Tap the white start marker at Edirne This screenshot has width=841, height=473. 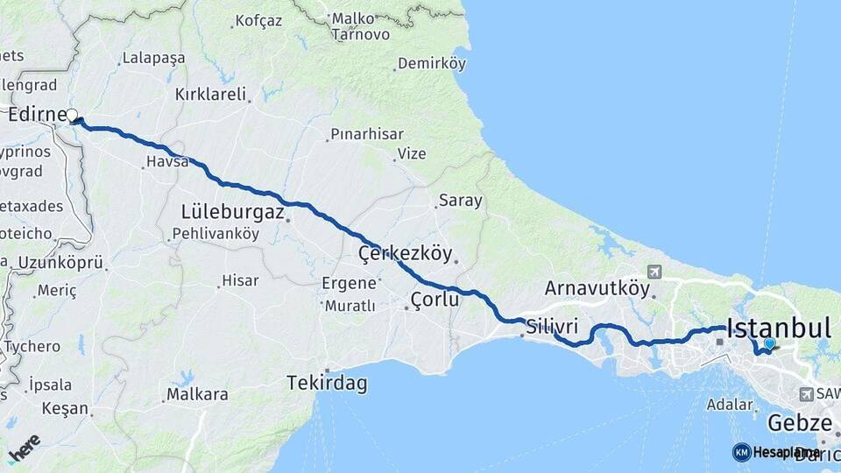(x=73, y=115)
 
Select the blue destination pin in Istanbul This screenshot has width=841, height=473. (x=769, y=345)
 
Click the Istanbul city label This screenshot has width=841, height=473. (x=778, y=328)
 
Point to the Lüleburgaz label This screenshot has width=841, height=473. (x=232, y=212)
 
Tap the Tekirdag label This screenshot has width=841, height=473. (x=327, y=383)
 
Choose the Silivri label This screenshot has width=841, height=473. (x=551, y=326)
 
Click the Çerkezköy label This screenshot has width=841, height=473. (x=405, y=254)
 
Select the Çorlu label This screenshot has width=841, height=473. (x=435, y=300)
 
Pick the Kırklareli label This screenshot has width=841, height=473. (x=210, y=94)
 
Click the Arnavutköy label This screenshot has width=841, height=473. (x=597, y=287)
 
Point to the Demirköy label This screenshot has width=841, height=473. (x=431, y=63)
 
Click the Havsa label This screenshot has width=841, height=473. (x=167, y=161)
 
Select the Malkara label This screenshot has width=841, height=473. (x=197, y=394)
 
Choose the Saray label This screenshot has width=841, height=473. (x=460, y=201)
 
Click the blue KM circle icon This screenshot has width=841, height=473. (x=741, y=452)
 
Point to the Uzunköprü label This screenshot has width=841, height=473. (x=61, y=262)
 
